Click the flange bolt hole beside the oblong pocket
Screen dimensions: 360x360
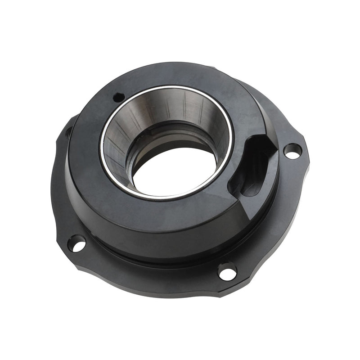coord(292,151)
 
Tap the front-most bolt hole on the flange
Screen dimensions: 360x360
coord(227,272)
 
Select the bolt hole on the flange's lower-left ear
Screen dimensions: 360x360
coord(76,244)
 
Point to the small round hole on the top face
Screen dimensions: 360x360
coord(119,96)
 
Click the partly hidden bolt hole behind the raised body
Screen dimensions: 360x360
coord(68,132)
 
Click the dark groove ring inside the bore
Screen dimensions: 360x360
coord(180,135)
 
